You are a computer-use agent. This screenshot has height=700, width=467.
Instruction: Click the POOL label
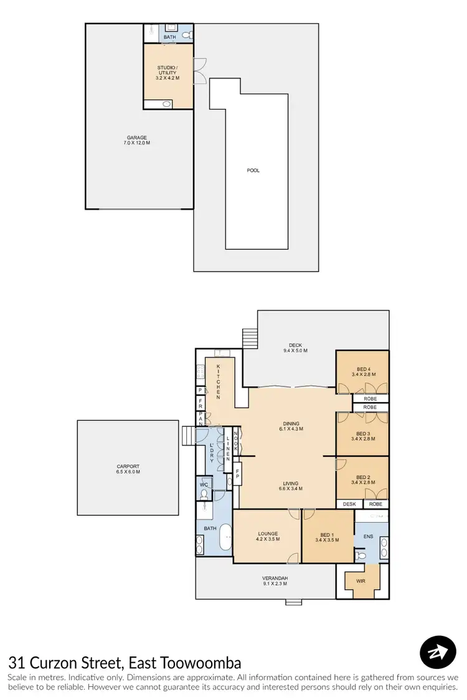[x=253, y=170]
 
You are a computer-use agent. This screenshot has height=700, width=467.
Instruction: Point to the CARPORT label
[x=128, y=469]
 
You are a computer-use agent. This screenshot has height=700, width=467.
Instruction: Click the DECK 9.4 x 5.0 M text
[x=298, y=348]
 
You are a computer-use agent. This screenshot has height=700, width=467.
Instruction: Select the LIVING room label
[x=290, y=485]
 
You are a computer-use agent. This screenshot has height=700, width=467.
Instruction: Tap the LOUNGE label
[x=267, y=536]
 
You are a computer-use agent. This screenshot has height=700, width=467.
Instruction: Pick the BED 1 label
[x=327, y=536]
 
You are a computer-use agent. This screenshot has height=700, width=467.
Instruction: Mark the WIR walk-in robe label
[x=362, y=582]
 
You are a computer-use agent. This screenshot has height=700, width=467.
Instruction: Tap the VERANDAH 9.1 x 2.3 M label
[x=275, y=581]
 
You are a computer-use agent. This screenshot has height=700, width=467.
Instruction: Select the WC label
[x=204, y=484]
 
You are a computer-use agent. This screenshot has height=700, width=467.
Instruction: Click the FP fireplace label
[x=237, y=476]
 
